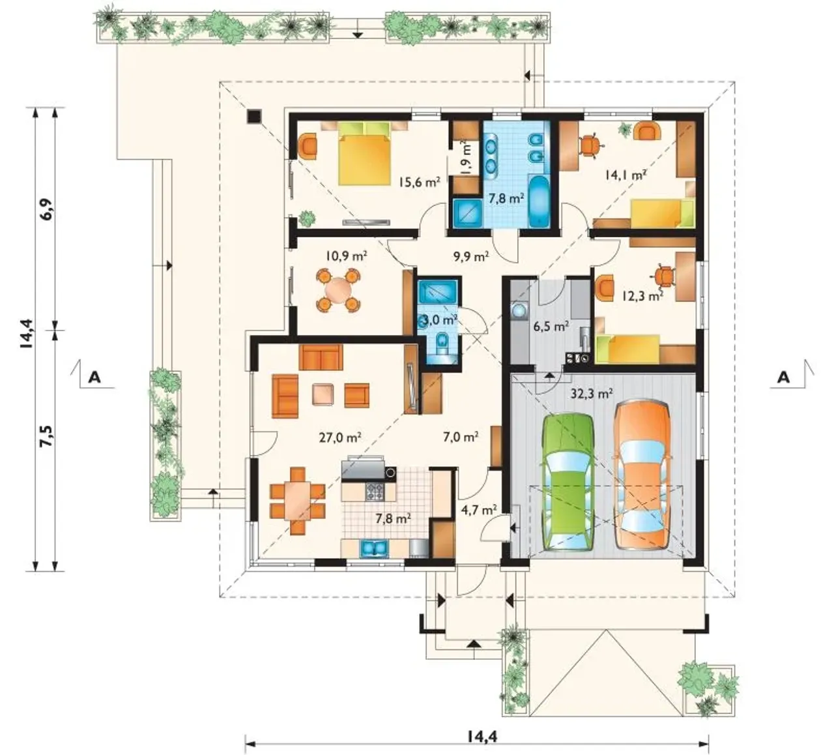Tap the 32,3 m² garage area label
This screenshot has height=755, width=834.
(x=591, y=393)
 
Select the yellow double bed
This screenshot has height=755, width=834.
(x=365, y=153)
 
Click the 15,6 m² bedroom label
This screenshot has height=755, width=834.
(x=419, y=182)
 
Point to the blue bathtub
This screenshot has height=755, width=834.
(x=539, y=201)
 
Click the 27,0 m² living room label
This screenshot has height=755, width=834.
(x=339, y=437)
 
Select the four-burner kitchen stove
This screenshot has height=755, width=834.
(x=375, y=491)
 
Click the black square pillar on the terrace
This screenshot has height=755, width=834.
(x=253, y=116)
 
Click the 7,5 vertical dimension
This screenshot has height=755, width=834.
(x=47, y=436)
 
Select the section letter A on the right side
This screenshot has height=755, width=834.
(x=784, y=377)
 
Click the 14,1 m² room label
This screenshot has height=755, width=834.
(x=625, y=175)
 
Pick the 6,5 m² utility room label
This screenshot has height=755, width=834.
(x=551, y=327)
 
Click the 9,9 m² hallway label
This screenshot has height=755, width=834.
(x=470, y=256)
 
